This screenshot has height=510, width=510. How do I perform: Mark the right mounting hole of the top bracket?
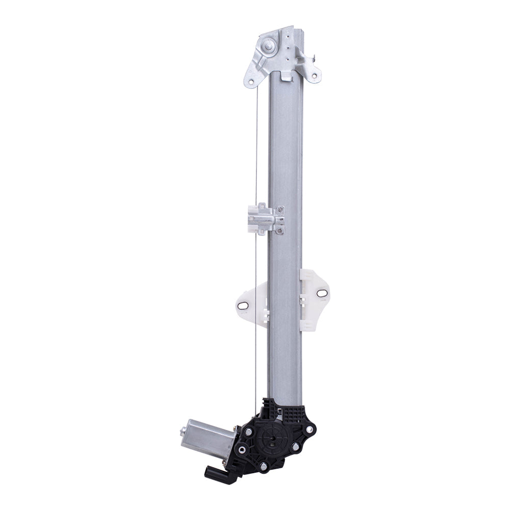tap(315, 78)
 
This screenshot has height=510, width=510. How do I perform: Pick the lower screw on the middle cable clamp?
tap(279, 229)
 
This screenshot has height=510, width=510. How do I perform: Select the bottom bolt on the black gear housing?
tap(263, 466)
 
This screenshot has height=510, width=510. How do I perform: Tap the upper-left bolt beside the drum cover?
tap(249, 432)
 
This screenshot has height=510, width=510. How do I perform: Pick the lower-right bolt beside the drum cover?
tap(295, 448)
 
